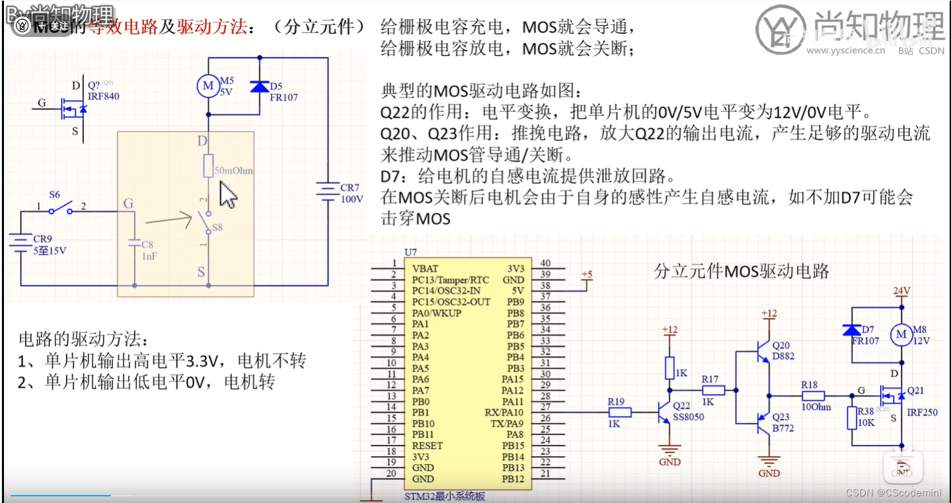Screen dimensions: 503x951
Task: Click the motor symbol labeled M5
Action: (208, 86)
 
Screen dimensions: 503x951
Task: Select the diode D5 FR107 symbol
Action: (259, 87)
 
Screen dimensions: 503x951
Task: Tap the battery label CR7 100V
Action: (351, 193)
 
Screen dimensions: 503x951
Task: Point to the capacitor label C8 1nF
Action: (148, 249)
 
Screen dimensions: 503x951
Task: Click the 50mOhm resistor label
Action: (234, 171)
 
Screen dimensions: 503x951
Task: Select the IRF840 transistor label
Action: (103, 96)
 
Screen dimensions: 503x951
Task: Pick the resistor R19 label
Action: (615, 401)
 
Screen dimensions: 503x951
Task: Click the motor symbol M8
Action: (900, 335)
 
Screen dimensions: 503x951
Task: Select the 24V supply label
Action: (901, 291)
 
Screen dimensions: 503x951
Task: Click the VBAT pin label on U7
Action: (424, 269)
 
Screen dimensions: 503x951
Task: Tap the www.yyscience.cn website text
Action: (845, 50)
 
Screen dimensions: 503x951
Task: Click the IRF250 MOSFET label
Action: (922, 412)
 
